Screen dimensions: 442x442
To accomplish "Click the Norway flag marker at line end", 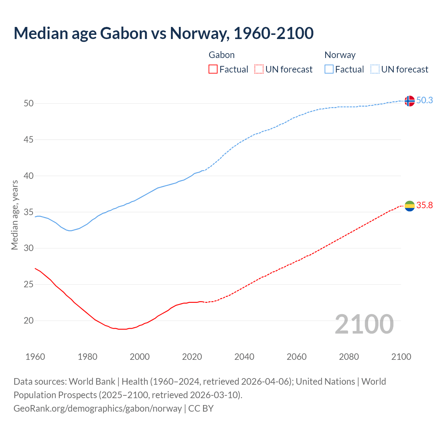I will coord(409,101).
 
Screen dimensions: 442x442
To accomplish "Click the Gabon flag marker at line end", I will coord(409,206).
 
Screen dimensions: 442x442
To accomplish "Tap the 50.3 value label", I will coord(424,100).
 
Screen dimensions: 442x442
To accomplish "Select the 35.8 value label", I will coord(424,205).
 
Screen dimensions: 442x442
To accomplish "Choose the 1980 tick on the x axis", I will coord(87,357).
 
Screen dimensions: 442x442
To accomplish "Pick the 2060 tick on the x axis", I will coord(297,357).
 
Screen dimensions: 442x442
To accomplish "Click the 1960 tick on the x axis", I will coord(35,357).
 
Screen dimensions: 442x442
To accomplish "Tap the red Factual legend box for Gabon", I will coord(213,69).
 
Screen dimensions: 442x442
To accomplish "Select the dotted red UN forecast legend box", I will coord(259,69).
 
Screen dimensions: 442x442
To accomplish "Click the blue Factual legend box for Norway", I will coord(329,69).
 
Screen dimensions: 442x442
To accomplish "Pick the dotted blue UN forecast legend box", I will coord(375,69).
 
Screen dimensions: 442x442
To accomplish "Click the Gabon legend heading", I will coord(222,55).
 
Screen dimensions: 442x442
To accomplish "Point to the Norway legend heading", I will coord(340,55).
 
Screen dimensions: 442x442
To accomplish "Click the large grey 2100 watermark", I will coord(364,324).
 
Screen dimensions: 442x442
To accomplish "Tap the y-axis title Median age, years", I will coord(15,215).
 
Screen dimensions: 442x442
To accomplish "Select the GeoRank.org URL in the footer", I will coord(97,408).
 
